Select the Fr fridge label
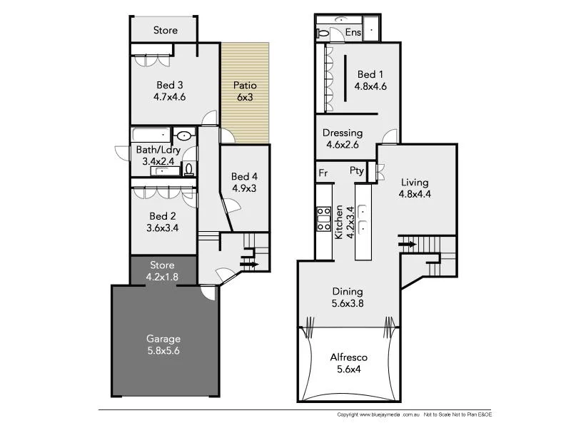pos(323,172)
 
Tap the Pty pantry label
pos(357,171)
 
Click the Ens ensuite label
pos(353,33)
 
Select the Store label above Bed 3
pos(166,31)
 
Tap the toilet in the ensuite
pos(322,33)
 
